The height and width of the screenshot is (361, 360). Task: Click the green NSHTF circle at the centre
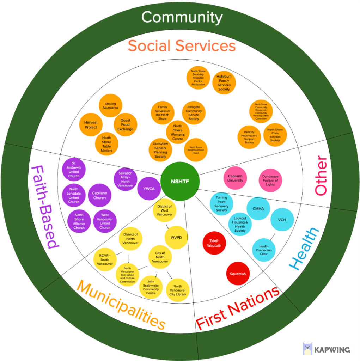coord(180,182)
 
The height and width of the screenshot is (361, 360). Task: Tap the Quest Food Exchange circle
coord(126,124)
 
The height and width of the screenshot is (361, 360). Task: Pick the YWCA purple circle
coord(149,189)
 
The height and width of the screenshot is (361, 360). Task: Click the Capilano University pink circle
coord(236,178)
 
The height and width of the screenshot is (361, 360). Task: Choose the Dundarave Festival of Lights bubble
coord(270,180)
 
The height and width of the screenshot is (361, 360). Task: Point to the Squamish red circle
coord(238,274)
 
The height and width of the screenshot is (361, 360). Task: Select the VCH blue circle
coord(282,220)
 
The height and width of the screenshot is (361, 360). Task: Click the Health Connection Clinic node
coord(264,250)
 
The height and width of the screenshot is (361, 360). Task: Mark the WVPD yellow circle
coord(176,237)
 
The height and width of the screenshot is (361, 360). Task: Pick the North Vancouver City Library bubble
coord(178,290)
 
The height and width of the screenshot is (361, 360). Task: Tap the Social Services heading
coord(182,46)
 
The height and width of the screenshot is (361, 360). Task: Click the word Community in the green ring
coord(182,17)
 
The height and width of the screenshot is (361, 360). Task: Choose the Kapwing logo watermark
coord(328,349)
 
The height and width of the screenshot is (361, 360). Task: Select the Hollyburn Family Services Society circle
coord(224,83)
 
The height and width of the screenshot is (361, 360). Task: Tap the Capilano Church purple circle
coord(99,195)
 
